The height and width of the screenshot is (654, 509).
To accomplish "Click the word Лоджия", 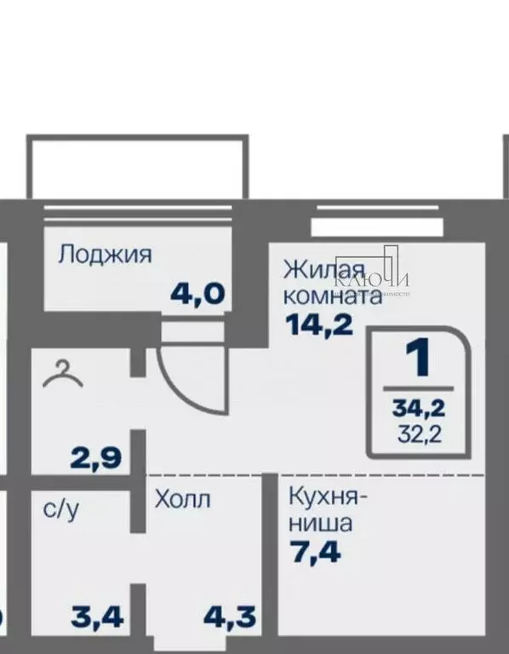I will tap(105, 255).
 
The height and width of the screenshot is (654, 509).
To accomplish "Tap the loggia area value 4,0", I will tap(197, 294).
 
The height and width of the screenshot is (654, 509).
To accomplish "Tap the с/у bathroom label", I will tap(60, 510).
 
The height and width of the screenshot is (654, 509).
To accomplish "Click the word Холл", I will tap(181, 499).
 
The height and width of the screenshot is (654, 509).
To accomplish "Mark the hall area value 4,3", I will tap(230, 616).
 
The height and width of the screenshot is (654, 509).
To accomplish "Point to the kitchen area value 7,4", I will tap(315, 553).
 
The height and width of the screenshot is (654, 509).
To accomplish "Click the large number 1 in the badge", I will tap(418, 361).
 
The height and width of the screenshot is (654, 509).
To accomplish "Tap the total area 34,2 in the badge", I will tap(419, 410).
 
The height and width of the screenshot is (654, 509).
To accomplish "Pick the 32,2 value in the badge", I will tap(419, 435).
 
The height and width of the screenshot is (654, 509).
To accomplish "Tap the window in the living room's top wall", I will tap(378, 225).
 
